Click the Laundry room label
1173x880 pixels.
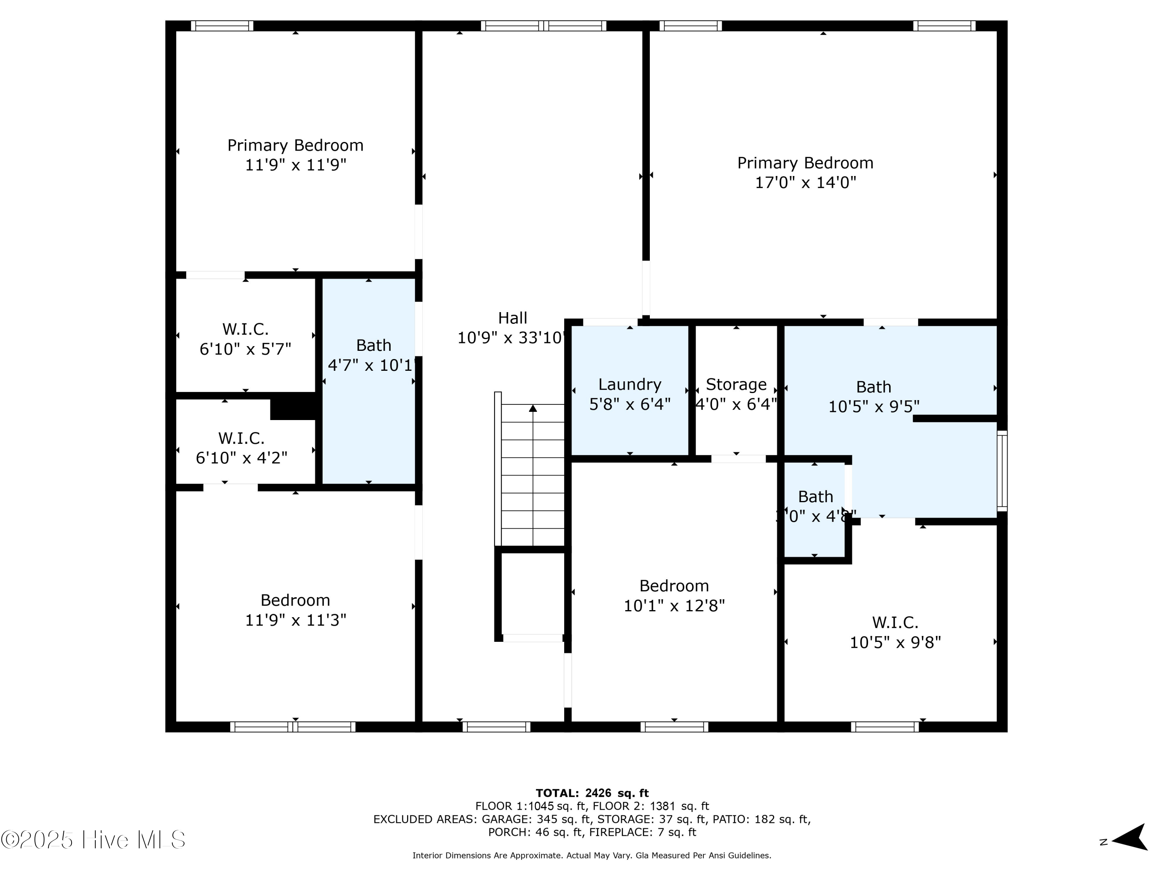click(630, 384)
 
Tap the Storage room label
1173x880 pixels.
click(735, 384)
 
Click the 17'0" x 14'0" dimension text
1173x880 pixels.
click(805, 183)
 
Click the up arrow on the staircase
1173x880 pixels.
click(533, 408)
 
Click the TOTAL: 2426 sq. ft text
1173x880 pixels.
click(592, 793)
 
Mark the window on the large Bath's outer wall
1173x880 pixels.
click(1002, 471)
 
